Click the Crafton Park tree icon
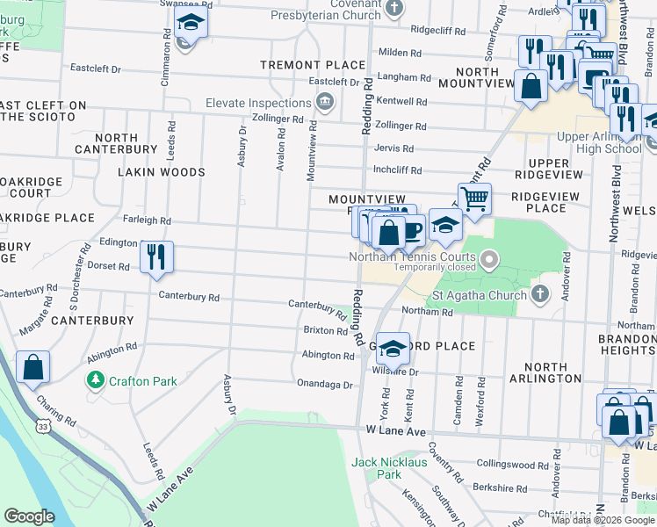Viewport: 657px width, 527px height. point(96,380)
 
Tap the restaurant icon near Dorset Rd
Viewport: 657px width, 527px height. point(156,256)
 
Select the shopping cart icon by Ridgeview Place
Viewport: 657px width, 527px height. point(474,198)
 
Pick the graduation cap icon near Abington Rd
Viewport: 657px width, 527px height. point(393,347)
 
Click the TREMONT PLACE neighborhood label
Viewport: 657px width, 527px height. point(312,65)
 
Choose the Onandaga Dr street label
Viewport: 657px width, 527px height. point(324,385)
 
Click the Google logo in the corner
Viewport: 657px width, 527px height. point(29,516)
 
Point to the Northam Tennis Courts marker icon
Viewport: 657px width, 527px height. point(490,258)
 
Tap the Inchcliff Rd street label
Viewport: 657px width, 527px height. point(397,170)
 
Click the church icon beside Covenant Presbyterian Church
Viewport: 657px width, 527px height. point(394,8)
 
